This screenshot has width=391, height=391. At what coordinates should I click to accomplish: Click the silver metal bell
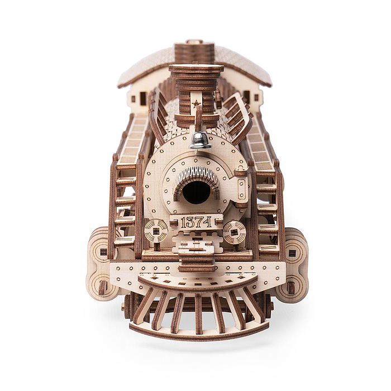[x=200, y=141]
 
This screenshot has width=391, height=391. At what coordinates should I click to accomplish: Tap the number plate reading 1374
[x=197, y=221]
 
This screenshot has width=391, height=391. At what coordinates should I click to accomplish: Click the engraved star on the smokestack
[x=196, y=103]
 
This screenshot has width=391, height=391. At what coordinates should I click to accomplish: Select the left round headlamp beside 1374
[x=156, y=231]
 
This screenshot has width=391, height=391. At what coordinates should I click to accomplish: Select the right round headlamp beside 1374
[x=235, y=232]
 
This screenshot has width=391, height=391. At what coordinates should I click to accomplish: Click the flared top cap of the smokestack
[x=196, y=69]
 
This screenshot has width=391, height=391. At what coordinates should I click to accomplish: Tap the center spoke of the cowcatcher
[x=198, y=314]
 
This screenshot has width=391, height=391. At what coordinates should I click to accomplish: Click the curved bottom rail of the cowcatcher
[x=199, y=333]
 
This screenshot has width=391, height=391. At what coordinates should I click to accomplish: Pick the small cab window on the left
[x=143, y=98]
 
